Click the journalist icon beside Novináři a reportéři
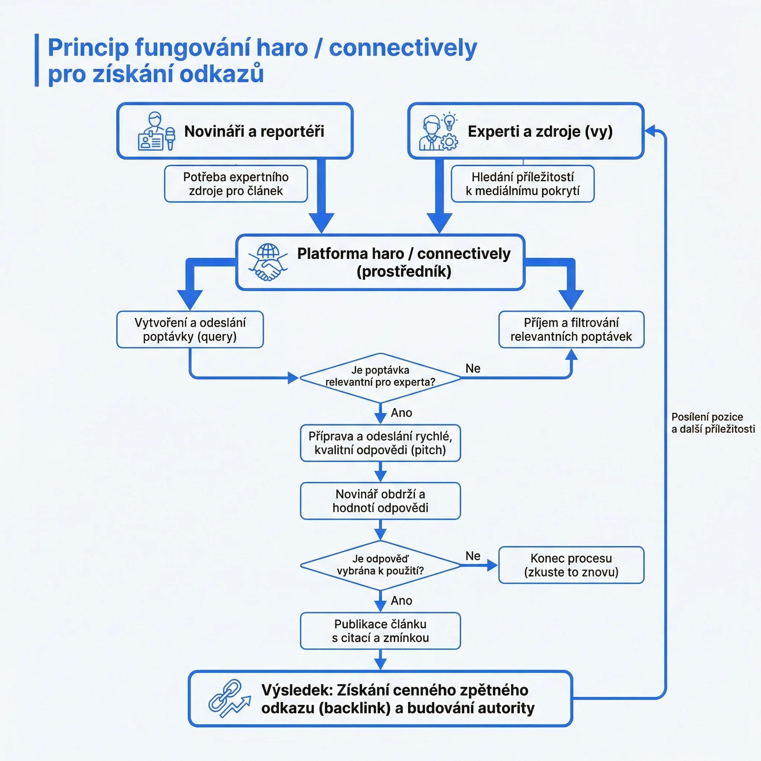[156, 131]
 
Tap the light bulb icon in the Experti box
[450, 122]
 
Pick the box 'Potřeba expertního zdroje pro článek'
[236, 184]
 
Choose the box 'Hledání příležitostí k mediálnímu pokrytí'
[523, 184]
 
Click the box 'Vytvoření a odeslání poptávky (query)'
[190, 330]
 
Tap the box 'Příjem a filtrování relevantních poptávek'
[571, 330]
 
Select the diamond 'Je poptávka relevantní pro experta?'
[380, 378]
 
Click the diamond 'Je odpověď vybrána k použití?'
[380, 566]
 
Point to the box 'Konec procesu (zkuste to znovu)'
[571, 565]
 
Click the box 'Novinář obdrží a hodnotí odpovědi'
[380, 501]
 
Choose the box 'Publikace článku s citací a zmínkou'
[380, 631]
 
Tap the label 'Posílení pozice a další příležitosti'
[713, 422]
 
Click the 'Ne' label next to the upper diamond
[473, 368]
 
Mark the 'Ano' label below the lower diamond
[401, 600]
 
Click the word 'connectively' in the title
[403, 48]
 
